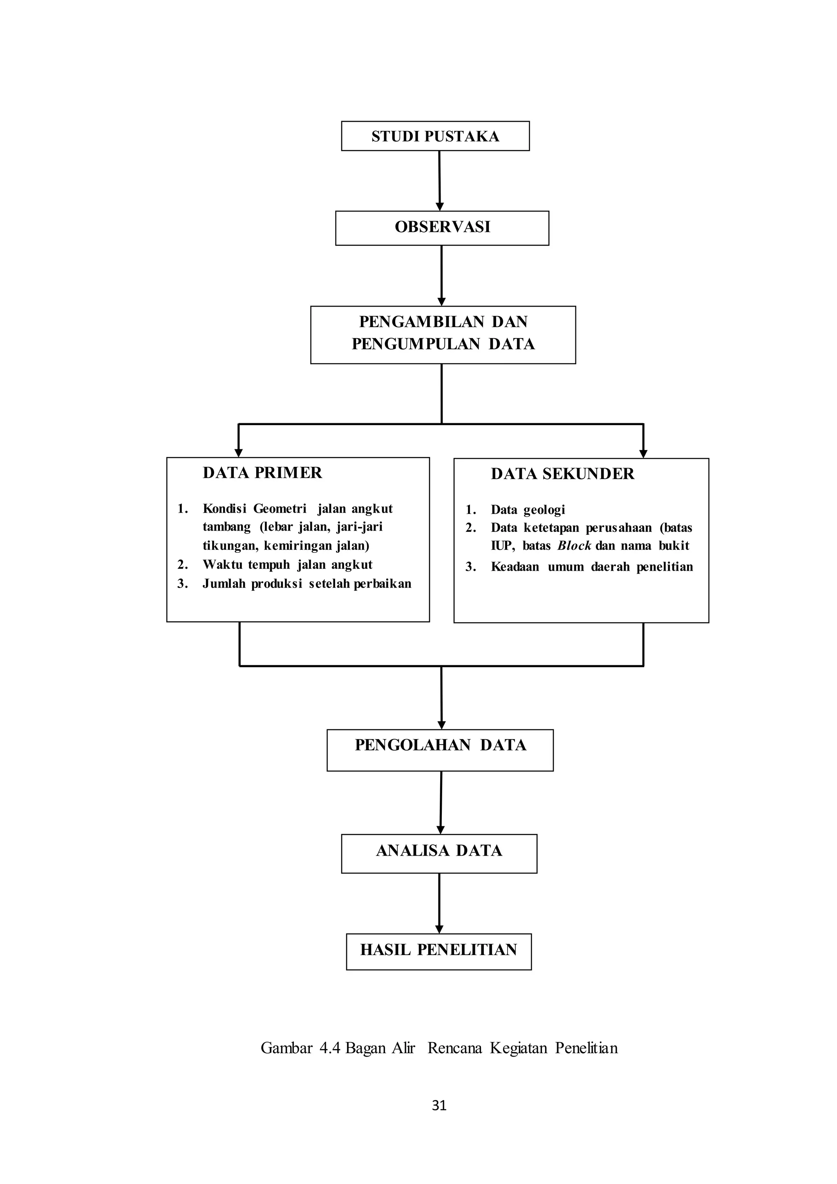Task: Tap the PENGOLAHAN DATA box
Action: click(x=440, y=750)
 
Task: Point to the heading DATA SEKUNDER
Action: click(x=562, y=474)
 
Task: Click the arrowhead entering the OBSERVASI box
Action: click(x=440, y=207)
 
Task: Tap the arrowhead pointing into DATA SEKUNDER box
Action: click(x=643, y=454)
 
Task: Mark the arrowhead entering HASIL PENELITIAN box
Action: click(x=439, y=929)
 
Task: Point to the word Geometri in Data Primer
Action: click(x=280, y=509)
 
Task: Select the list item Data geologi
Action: click(x=527, y=510)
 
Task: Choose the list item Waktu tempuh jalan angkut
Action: click(x=287, y=565)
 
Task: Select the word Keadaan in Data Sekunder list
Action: click(x=515, y=567)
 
